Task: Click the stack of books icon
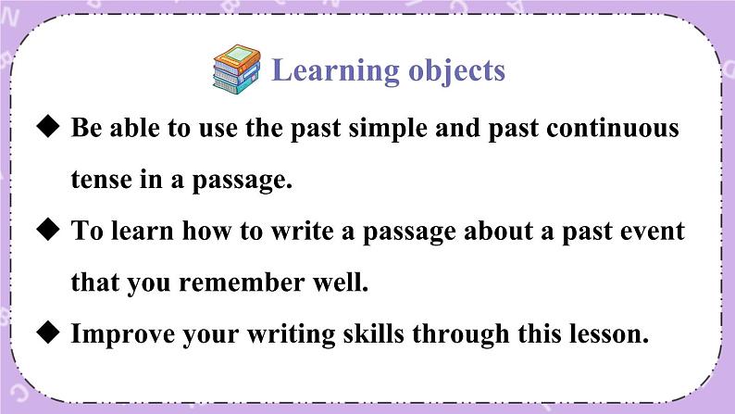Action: [x=237, y=69]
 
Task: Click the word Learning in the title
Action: [x=336, y=71]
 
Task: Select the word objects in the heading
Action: [x=457, y=71]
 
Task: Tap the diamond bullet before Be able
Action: [x=48, y=127]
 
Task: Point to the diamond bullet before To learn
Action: [x=48, y=230]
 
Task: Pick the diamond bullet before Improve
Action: [x=48, y=332]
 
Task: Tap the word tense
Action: [x=101, y=180]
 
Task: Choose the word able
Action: [x=134, y=128]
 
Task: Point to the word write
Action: [x=303, y=231]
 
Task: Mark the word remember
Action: [x=242, y=282]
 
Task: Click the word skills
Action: [x=373, y=333]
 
